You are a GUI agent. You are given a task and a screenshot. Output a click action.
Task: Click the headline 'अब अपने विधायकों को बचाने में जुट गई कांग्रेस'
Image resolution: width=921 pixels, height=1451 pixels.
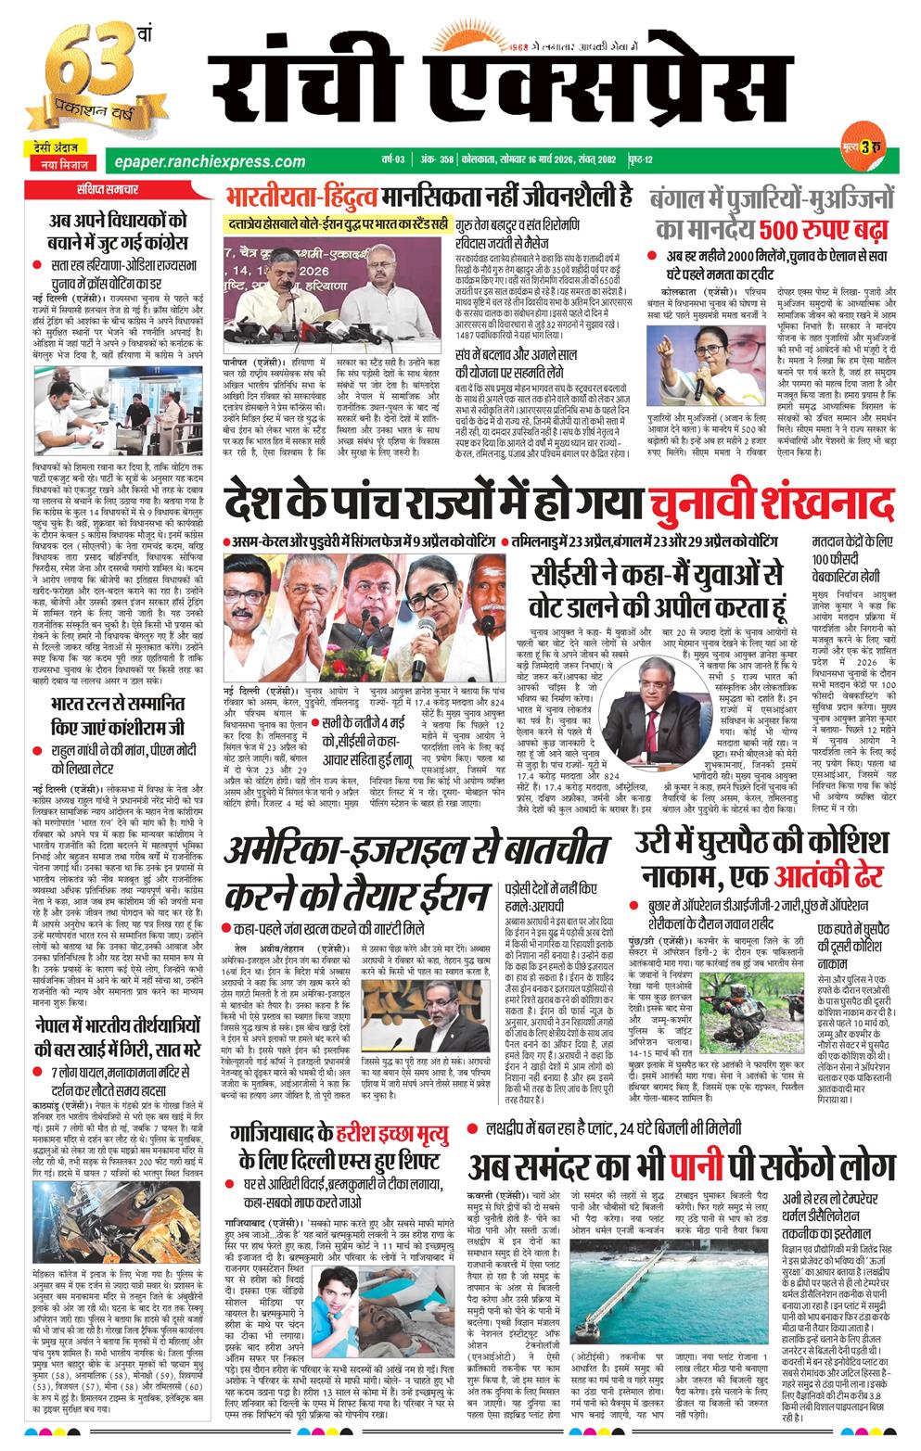(118, 233)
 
